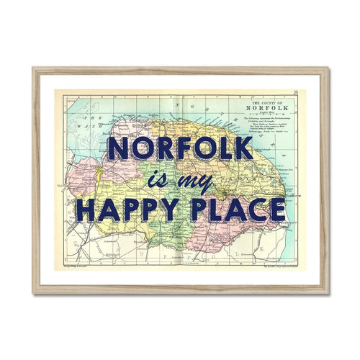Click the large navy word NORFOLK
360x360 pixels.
point(180,149)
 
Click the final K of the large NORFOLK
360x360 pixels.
point(243,149)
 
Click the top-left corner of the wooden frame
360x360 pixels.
point(34,69)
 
